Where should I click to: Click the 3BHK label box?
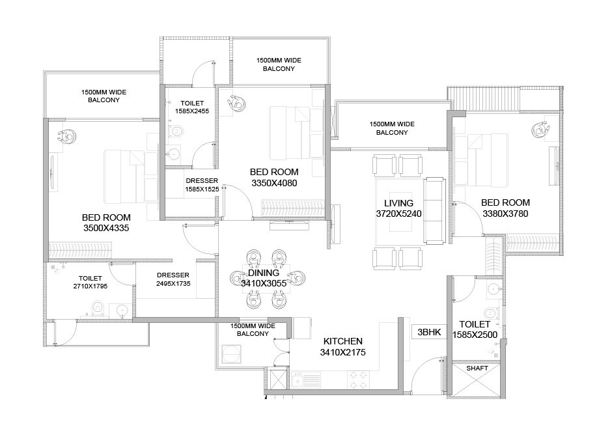click(430, 331)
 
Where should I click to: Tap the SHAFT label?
click(477, 368)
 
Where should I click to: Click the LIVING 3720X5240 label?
click(399, 208)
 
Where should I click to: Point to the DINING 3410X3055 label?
click(263, 278)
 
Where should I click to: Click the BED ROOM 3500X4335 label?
click(106, 223)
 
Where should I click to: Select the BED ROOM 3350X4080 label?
click(274, 177)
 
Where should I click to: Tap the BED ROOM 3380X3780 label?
click(505, 208)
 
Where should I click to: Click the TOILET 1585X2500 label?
click(479, 329)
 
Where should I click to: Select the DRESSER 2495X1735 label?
click(173, 279)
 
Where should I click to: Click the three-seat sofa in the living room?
click(434, 208)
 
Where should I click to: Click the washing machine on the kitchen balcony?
click(232, 354)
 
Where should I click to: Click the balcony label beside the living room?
click(392, 128)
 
